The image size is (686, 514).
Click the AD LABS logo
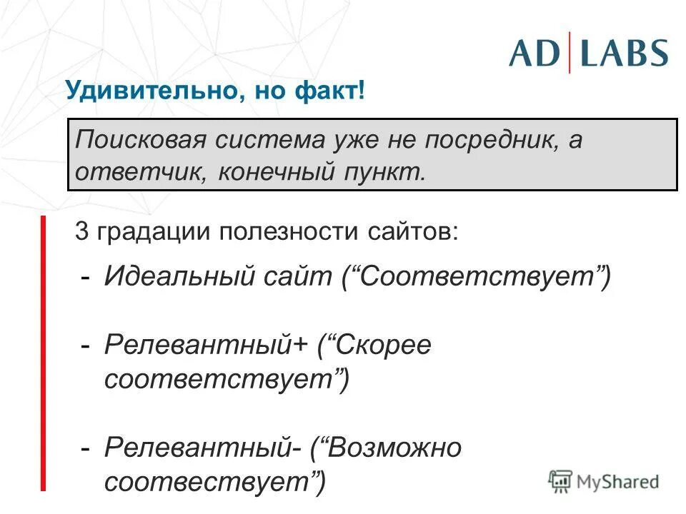coord(588,54)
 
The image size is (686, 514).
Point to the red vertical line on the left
coord(43,353)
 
